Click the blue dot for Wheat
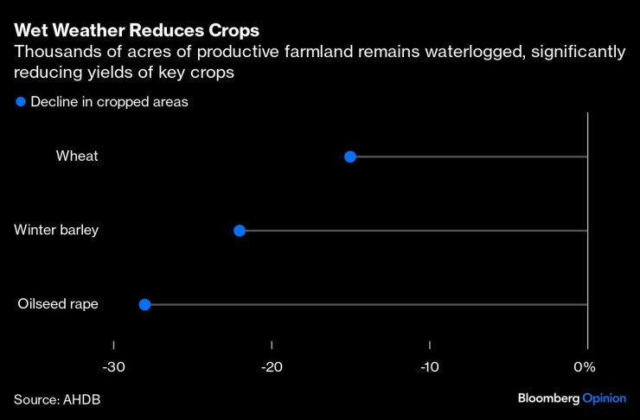[350, 156]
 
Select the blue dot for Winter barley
[240, 231]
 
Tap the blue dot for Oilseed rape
[144, 304]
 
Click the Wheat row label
[77, 156]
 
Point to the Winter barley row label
[56, 231]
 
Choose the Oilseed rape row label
[58, 304]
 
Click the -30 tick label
[113, 366]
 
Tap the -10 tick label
[429, 366]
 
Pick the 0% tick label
[585, 366]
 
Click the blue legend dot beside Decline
[21, 102]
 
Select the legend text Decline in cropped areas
[109, 102]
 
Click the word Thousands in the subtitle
[54, 53]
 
